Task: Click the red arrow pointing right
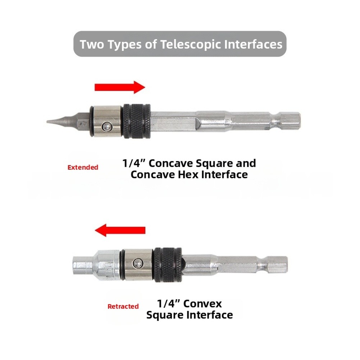click(120, 87)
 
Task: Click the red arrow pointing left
click(120, 230)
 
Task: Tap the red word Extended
click(83, 167)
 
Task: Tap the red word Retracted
click(123, 306)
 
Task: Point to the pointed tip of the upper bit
click(47, 122)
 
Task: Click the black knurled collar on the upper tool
click(137, 121)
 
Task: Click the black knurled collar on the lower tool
click(168, 265)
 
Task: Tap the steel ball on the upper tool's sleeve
click(106, 127)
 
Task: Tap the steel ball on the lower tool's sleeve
click(137, 263)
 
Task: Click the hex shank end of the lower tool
click(277, 265)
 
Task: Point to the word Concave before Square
click(170, 164)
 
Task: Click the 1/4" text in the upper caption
click(134, 163)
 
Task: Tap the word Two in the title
click(92, 44)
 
